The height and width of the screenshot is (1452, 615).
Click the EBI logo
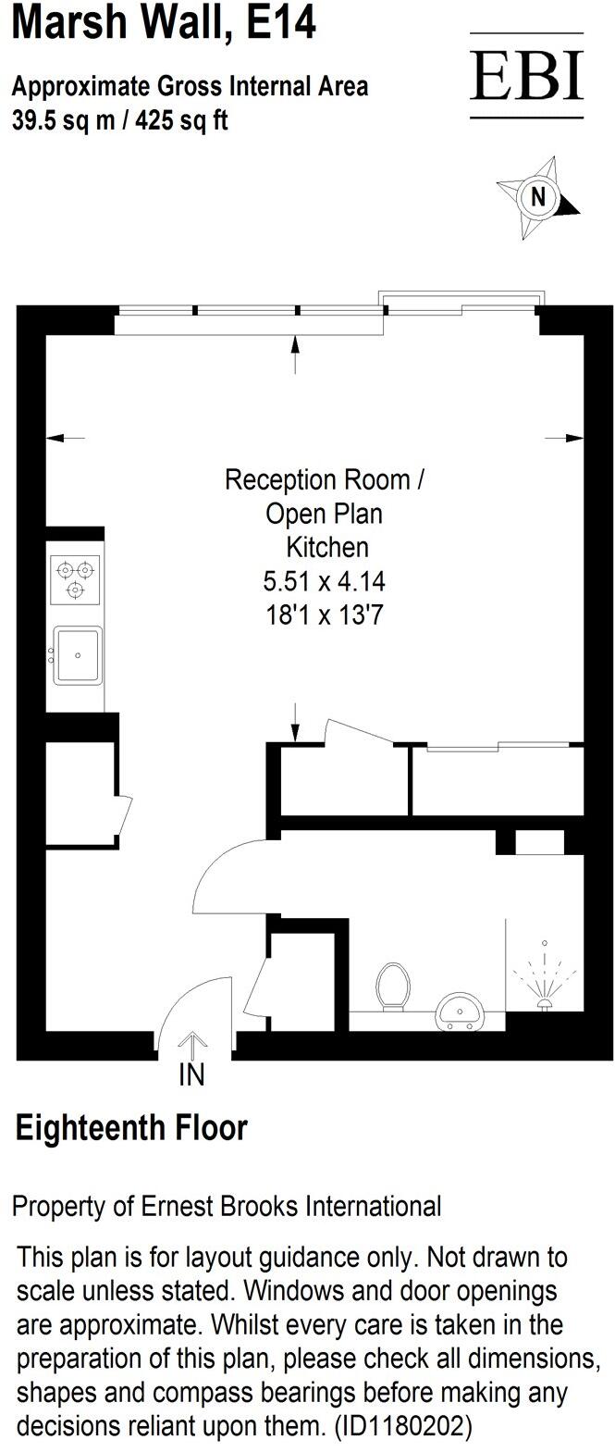coord(526,76)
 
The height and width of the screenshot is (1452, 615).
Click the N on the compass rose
coord(537,197)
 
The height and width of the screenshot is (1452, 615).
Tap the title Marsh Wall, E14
coord(164,23)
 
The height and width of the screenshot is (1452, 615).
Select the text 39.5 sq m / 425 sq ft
coord(119,120)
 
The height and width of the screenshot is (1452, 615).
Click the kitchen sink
coord(78,655)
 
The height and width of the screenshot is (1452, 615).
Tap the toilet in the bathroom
coord(393,987)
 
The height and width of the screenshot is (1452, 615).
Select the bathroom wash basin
coord(459,1011)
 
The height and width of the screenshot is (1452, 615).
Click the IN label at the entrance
coord(191,1075)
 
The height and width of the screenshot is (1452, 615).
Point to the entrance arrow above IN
coord(191,1045)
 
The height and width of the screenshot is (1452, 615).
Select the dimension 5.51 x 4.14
coord(324,581)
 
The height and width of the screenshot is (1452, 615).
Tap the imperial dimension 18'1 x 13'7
coord(324,614)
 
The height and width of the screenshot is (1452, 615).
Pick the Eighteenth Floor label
coord(132,1128)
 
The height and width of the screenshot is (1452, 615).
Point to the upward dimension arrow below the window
coord(295,354)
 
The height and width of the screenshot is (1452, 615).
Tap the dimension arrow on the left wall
coord(65,438)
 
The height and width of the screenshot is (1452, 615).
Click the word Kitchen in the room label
coord(327,547)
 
